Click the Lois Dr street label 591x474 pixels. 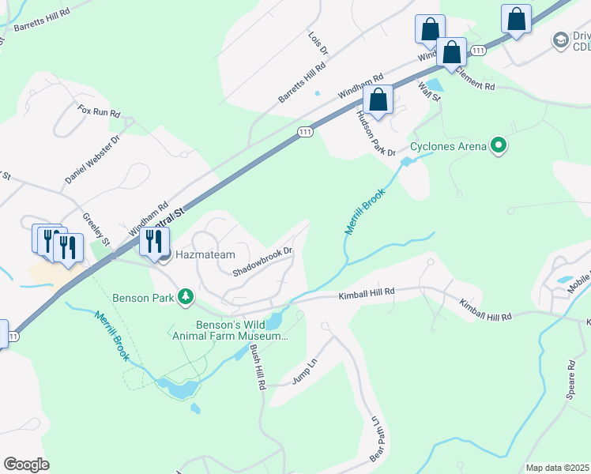coord(318,44)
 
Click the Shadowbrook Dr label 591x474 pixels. coord(263,261)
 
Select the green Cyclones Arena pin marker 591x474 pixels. coord(498,146)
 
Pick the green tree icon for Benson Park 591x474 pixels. coord(185,297)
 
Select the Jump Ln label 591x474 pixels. coord(304,370)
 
